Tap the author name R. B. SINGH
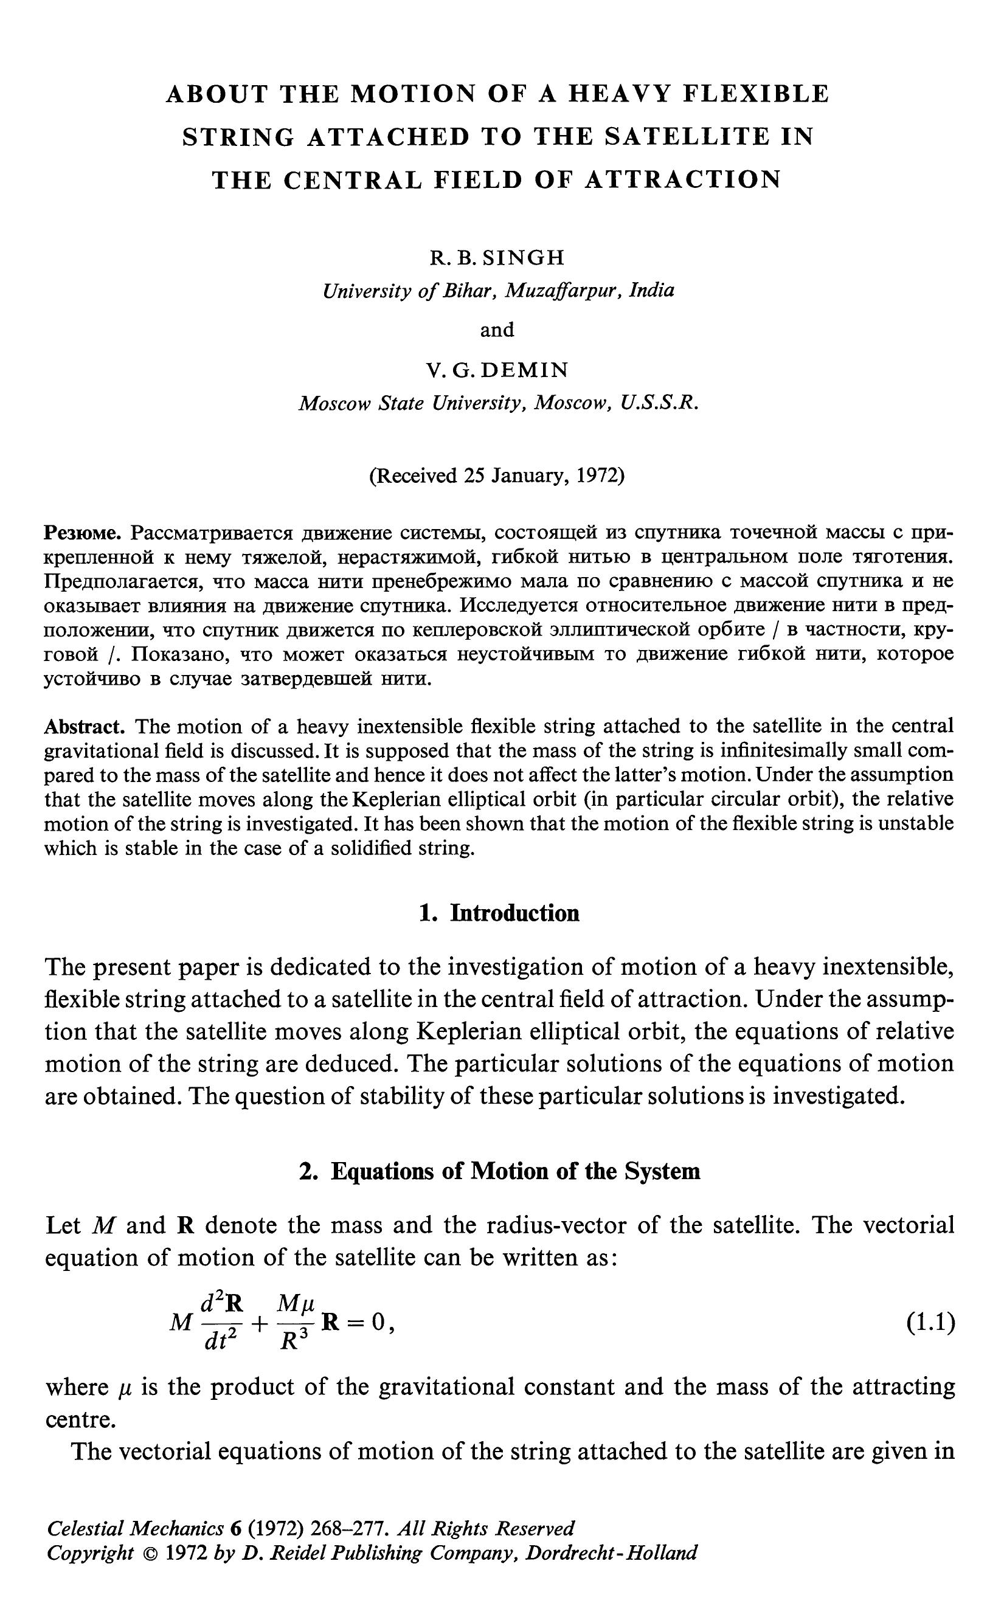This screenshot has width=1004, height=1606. (497, 258)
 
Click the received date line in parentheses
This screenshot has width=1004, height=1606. (497, 476)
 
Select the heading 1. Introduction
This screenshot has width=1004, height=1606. (499, 913)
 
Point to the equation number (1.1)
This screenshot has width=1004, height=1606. (930, 1323)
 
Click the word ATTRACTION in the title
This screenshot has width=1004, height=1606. (683, 180)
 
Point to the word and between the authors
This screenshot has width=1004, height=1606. (497, 330)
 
